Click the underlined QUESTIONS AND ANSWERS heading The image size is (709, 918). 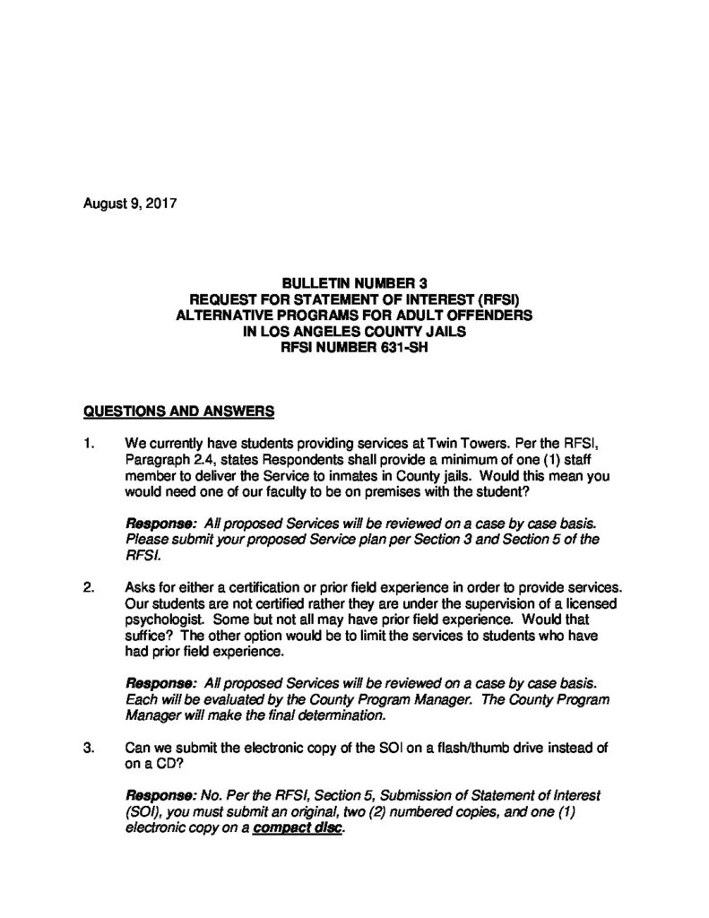(178, 411)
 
